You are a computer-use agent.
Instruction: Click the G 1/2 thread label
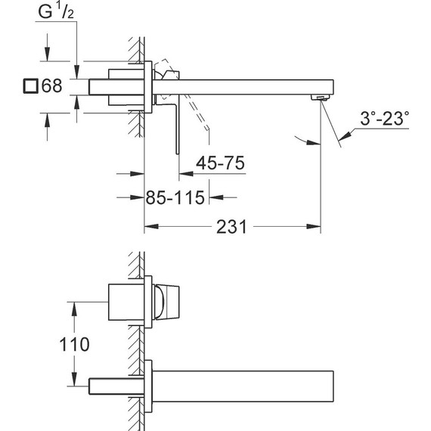[x=56, y=12]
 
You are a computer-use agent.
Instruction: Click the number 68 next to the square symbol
[x=51, y=85]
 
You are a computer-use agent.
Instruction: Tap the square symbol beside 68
[x=30, y=85]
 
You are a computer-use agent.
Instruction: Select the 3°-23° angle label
[x=384, y=119]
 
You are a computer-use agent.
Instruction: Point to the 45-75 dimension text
[x=220, y=163]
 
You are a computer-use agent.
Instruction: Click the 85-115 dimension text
[x=175, y=197]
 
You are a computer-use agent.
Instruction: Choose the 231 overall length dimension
[x=231, y=227]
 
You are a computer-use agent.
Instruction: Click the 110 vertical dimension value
[x=75, y=344]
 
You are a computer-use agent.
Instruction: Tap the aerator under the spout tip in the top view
[x=321, y=98]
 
